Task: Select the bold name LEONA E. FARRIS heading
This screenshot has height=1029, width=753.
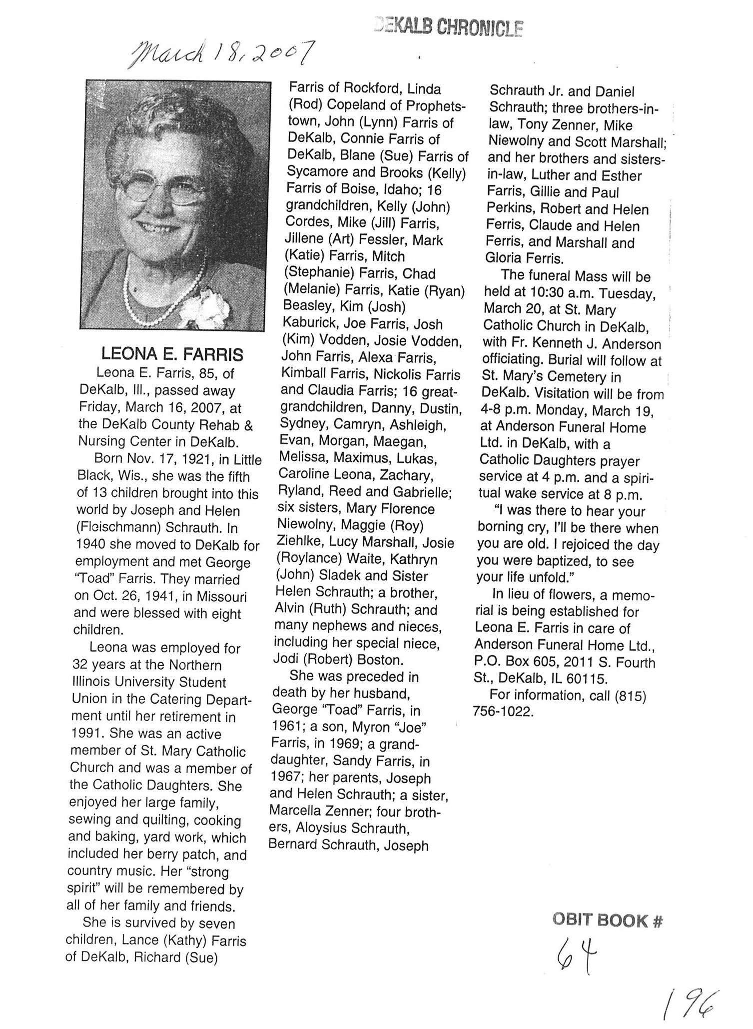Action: pos(172,354)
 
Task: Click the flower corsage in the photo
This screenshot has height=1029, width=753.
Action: pos(200,306)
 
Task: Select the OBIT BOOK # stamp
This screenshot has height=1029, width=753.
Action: pos(607,920)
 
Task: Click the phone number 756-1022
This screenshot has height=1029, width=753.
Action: pos(503,711)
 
